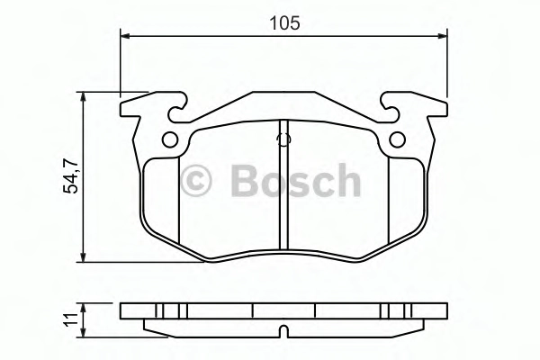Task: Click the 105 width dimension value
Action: coord(284,23)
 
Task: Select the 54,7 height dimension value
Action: coord(71,177)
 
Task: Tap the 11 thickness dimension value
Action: coord(72,320)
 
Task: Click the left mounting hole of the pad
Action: coord(170,139)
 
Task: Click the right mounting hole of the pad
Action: coord(397,139)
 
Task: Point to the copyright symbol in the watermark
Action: coord(196,181)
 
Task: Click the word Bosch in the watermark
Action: coord(296,180)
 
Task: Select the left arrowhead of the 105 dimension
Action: coord(125,36)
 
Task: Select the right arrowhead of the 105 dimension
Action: coord(442,36)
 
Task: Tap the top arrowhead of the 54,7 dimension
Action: coord(83,97)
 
